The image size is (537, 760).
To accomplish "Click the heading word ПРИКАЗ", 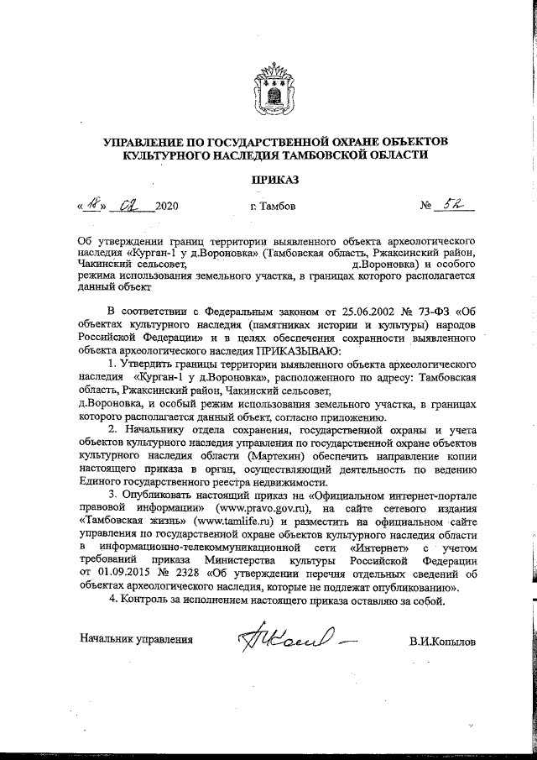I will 274,179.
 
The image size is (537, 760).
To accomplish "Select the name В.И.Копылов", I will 443,642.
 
